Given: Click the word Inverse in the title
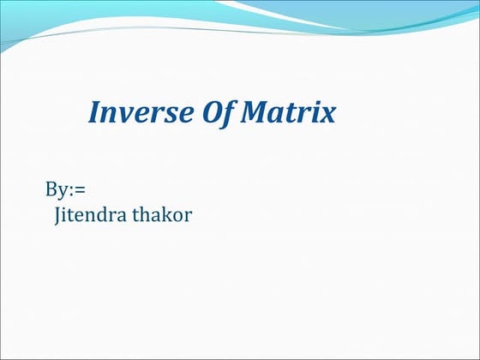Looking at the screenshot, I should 131,112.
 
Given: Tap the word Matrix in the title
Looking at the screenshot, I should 279,112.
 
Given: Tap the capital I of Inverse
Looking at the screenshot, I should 95,112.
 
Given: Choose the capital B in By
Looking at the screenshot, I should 51,189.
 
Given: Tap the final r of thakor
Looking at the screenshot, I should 188,216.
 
